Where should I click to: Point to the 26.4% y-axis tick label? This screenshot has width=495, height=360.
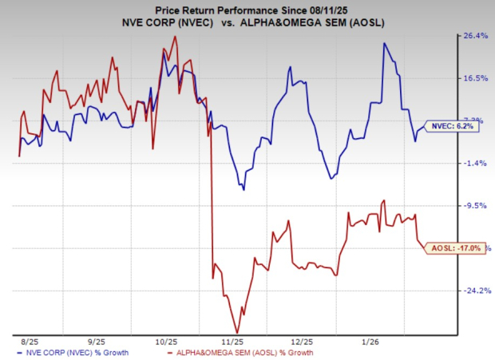tap(473, 35)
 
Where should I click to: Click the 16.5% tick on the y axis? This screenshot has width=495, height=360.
tap(473, 78)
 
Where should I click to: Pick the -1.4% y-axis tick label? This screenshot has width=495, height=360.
tap(473, 163)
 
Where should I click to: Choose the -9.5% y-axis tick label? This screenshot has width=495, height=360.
tap(473, 205)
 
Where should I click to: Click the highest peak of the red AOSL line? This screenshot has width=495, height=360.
tap(175, 37)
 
